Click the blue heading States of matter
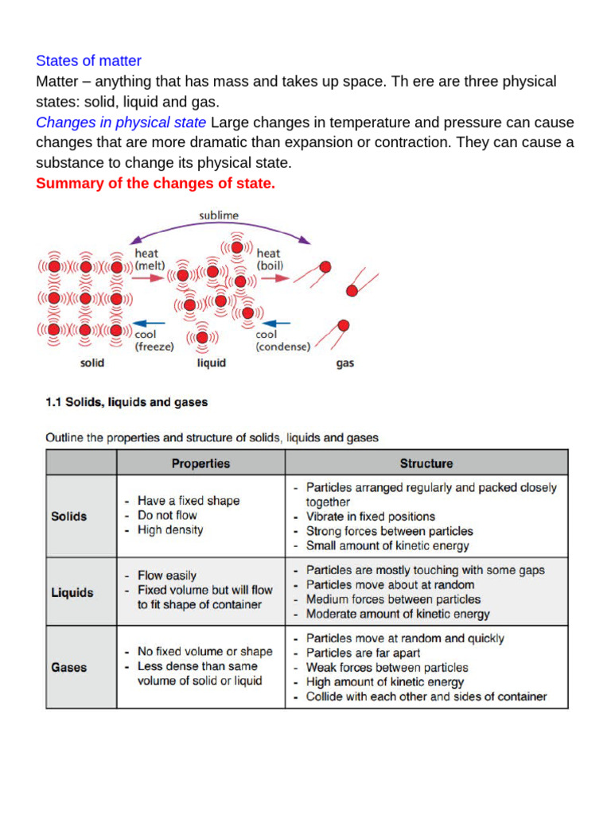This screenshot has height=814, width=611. (88, 61)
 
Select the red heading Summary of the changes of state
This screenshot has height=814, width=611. (155, 184)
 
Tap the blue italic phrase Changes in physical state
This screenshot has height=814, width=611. (121, 122)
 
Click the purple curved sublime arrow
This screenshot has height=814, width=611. (219, 227)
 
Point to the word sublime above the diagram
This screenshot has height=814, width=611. (218, 215)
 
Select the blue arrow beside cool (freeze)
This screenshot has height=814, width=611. (150, 323)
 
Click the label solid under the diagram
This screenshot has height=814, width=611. (92, 363)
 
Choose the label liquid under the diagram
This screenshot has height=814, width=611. (211, 363)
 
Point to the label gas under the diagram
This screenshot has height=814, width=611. (344, 363)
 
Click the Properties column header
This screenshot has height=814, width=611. (200, 463)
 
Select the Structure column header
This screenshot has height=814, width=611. (426, 463)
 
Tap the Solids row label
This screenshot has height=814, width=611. (69, 516)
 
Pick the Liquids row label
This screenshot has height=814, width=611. (72, 592)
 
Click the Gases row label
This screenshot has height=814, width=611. (68, 667)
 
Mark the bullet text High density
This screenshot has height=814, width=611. (170, 530)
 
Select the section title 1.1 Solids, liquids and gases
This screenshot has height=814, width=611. (126, 402)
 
